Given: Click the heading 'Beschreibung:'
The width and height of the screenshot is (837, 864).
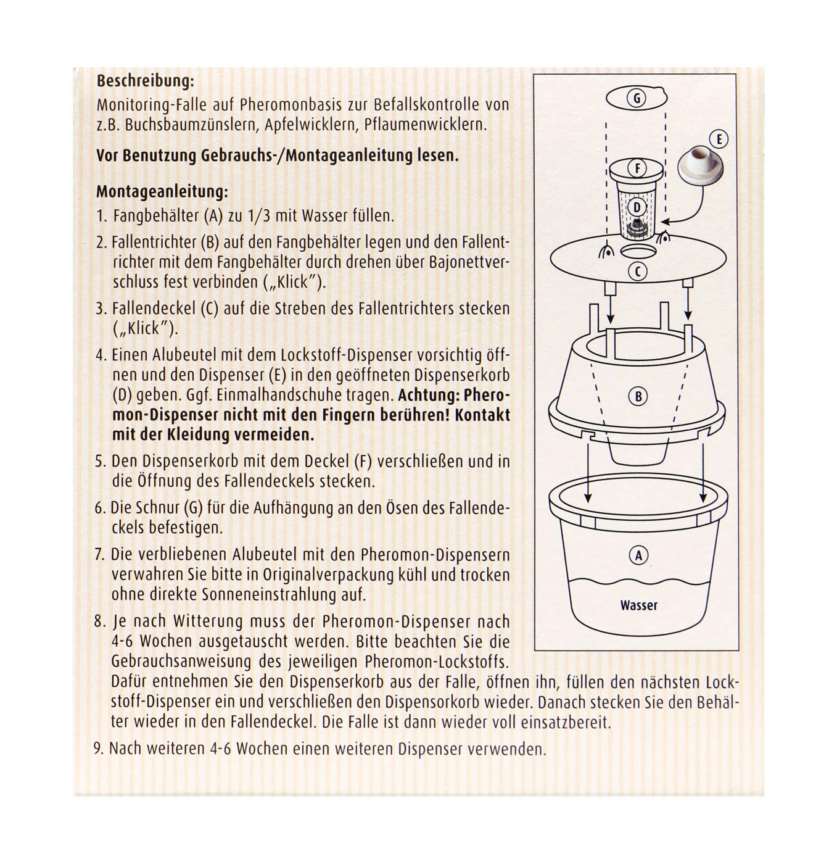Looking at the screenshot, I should click(145, 81).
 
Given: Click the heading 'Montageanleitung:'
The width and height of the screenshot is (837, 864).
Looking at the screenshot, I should click(162, 192).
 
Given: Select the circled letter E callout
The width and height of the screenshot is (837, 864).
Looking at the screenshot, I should click(719, 139).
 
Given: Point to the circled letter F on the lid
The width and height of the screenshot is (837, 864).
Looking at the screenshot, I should click(637, 168).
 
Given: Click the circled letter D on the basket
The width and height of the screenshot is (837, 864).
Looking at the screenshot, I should click(637, 207).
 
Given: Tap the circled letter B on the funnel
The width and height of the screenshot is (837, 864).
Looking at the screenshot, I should click(638, 396).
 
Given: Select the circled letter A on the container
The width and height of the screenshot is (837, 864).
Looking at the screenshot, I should click(638, 555).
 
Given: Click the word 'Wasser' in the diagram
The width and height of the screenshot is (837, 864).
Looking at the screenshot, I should click(638, 605).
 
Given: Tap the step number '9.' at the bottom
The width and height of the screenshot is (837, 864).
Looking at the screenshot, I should click(99, 749).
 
